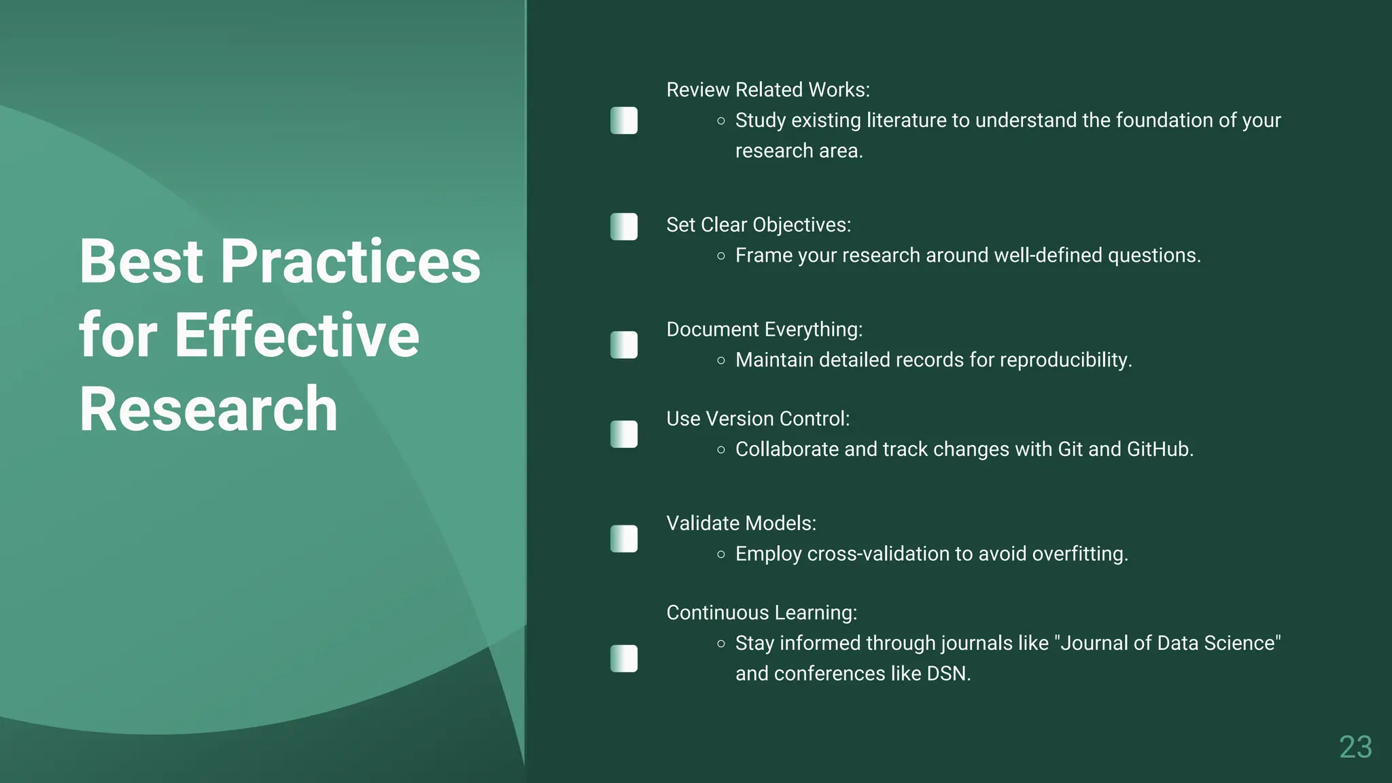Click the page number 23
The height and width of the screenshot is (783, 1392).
pyautogui.click(x=1355, y=747)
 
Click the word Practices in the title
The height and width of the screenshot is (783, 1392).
pyautogui.click(x=350, y=262)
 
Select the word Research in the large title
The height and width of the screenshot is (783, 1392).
pyautogui.click(x=208, y=409)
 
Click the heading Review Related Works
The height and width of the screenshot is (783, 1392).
pyautogui.click(x=767, y=90)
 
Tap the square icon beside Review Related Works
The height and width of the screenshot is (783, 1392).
pyautogui.click(x=624, y=120)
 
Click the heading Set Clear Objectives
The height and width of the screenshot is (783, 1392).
pyautogui.click(x=758, y=225)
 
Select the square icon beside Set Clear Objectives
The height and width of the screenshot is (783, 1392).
pyautogui.click(x=624, y=226)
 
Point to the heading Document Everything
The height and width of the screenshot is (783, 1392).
pyautogui.click(x=764, y=330)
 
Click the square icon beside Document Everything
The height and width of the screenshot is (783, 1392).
pyautogui.click(x=624, y=345)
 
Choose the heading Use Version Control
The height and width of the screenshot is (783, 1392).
pyautogui.click(x=757, y=419)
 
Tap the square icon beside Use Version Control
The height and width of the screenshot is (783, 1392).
pyautogui.click(x=624, y=434)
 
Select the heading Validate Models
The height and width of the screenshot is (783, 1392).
pyautogui.click(x=741, y=523)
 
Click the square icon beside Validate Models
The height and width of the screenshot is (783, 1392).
pyautogui.click(x=624, y=539)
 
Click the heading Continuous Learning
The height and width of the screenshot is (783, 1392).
pyautogui.click(x=761, y=613)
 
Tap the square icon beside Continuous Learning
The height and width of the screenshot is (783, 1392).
pyautogui.click(x=624, y=659)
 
